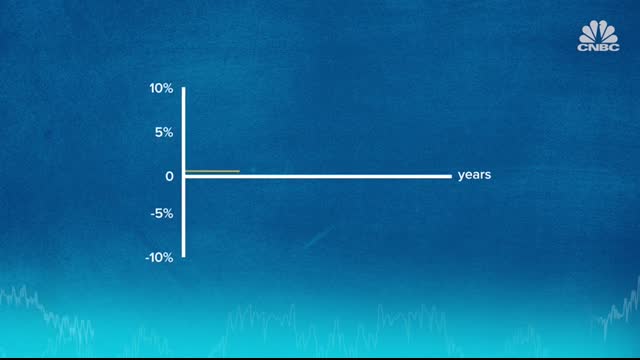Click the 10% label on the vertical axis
click(x=161, y=89)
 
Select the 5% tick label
click(x=164, y=131)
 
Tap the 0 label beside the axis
click(x=170, y=176)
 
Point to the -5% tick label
click(x=162, y=214)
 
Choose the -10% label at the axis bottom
click(x=159, y=257)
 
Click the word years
click(x=474, y=175)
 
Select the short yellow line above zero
click(x=212, y=171)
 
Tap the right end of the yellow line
click(x=239, y=171)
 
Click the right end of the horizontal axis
click(x=451, y=176)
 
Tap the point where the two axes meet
click(x=183, y=176)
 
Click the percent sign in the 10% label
click(x=168, y=89)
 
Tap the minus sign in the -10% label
click(x=148, y=257)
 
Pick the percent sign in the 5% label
click(x=168, y=131)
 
